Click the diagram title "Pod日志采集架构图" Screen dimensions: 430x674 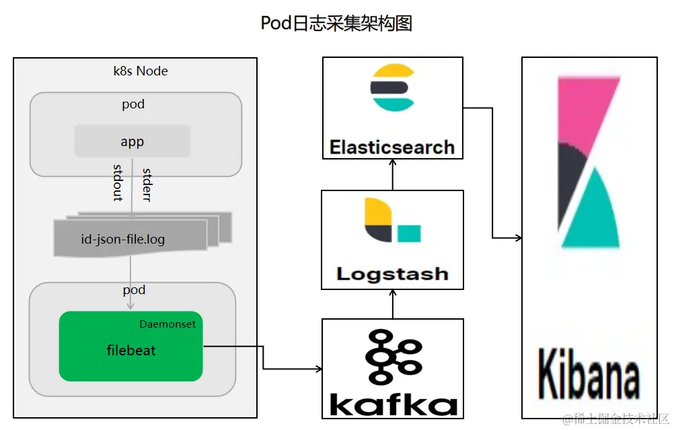pos(336,23)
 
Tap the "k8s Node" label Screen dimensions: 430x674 pos(141,71)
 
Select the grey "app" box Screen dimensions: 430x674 pos(133,141)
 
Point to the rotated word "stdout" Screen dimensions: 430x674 pos(117,182)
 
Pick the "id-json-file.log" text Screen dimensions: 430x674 pos(122,239)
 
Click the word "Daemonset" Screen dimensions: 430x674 pos(167,324)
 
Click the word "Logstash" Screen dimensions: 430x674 pos(392,274)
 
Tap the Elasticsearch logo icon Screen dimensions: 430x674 pos(393,87)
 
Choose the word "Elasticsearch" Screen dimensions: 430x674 pos(392,147)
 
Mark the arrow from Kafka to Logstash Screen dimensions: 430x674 pos(393,304)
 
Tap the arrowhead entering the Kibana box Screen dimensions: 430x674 pos(517,238)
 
